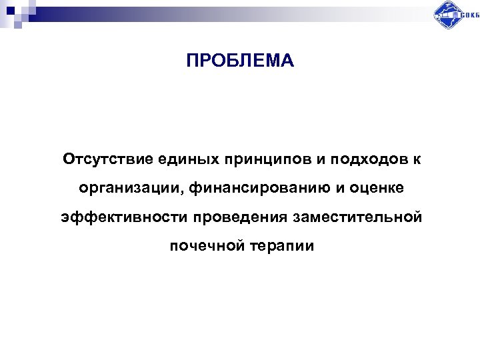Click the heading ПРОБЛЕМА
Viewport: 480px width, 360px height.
point(239,61)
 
